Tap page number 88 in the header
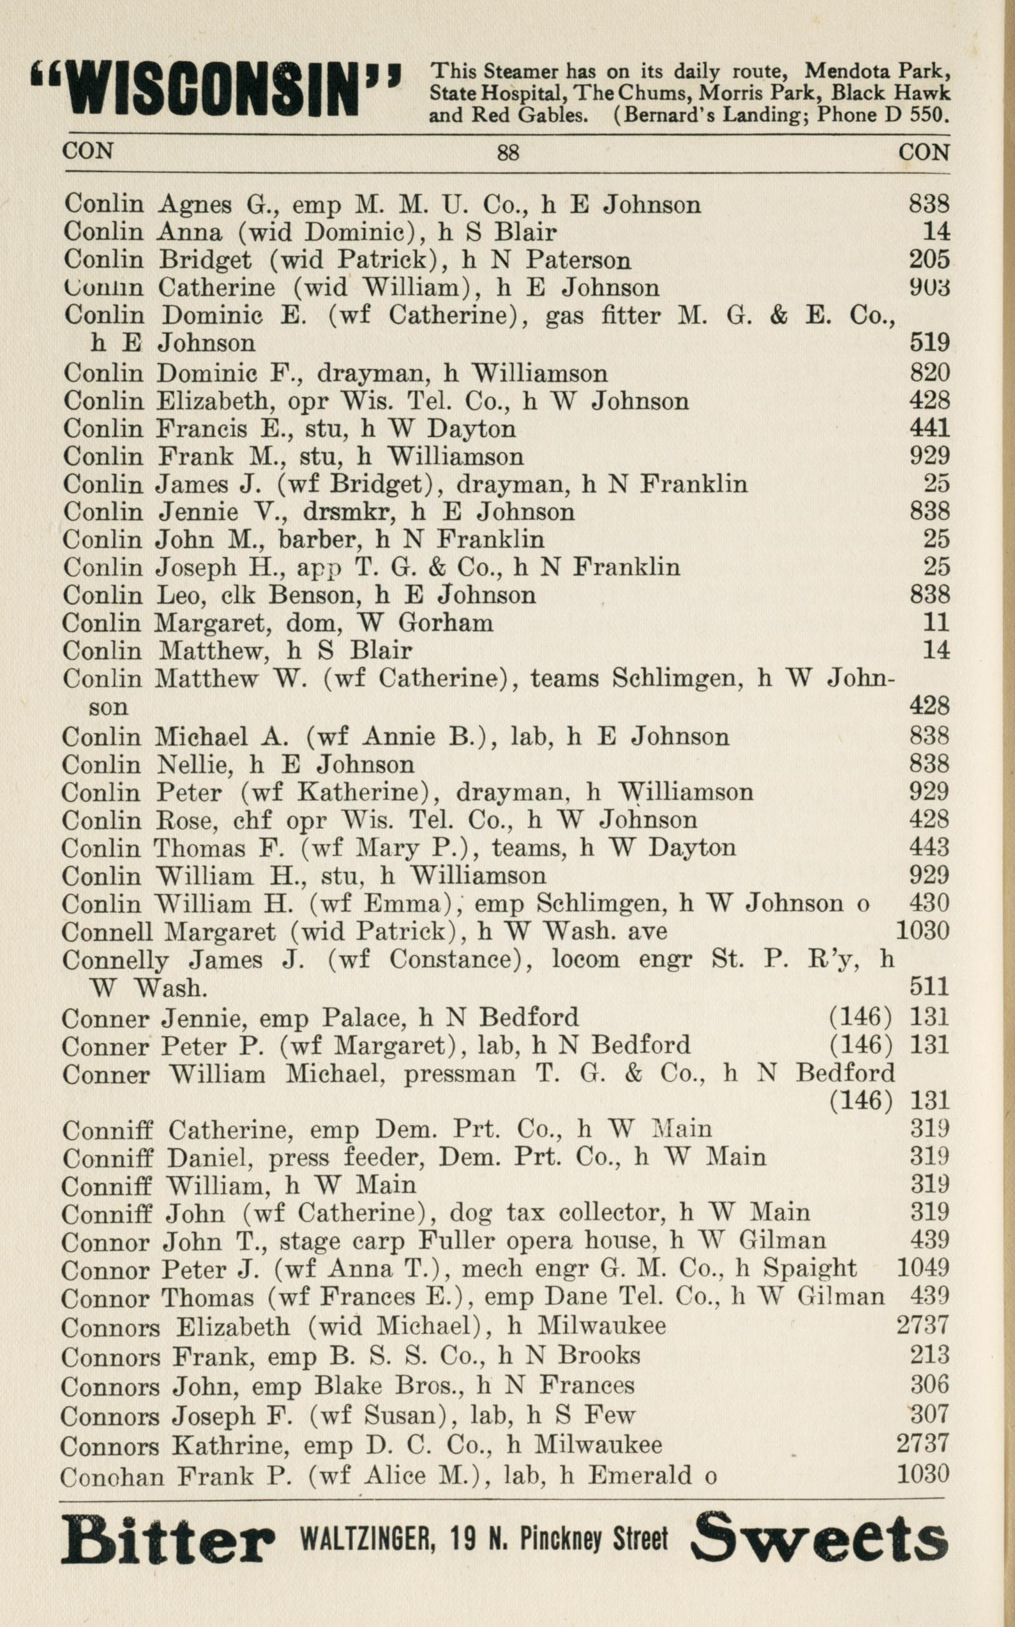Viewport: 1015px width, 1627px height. click(507, 153)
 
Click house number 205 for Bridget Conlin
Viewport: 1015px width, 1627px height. click(929, 260)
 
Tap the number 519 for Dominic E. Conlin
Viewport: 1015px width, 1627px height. click(929, 343)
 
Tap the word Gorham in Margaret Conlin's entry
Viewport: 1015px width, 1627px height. click(446, 623)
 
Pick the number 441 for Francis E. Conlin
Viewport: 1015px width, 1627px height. click(929, 428)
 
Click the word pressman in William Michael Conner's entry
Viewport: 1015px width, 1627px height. click(458, 1074)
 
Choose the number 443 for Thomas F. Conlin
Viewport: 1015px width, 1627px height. click(929, 847)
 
